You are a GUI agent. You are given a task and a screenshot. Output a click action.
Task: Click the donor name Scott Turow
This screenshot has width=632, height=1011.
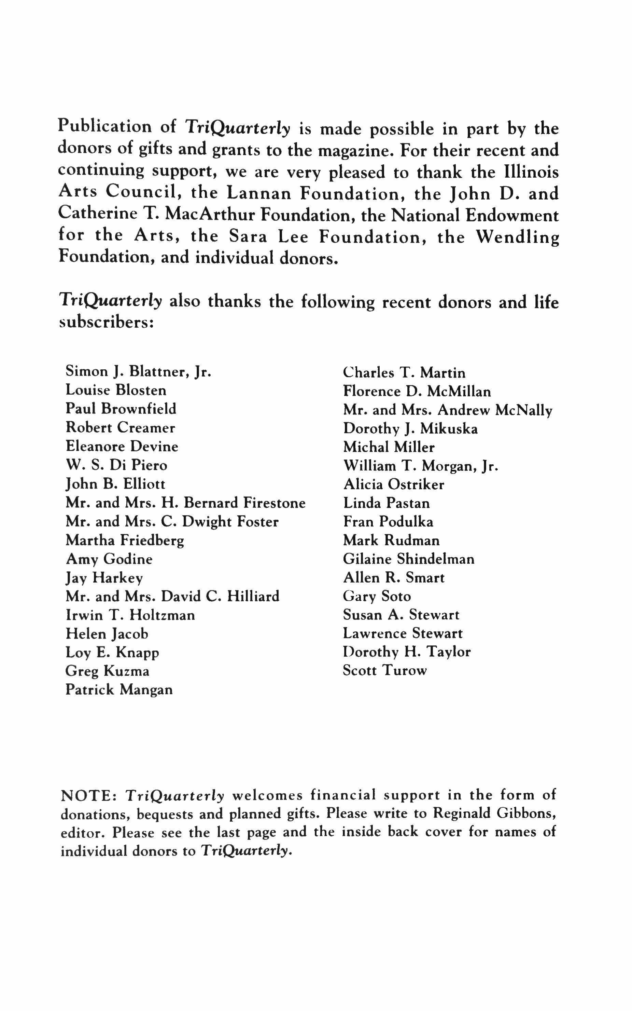click(x=384, y=670)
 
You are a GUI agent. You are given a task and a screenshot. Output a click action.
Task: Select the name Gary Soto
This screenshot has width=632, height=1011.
click(x=377, y=597)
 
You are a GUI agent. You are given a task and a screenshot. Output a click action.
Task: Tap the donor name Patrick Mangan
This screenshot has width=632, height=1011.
click(x=119, y=689)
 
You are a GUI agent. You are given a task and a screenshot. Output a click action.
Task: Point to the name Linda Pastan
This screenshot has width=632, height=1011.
click(x=386, y=503)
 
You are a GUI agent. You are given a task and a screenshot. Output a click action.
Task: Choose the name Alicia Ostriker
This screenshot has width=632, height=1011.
click(x=394, y=484)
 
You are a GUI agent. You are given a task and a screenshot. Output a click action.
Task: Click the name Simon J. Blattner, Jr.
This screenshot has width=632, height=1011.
click(x=138, y=371)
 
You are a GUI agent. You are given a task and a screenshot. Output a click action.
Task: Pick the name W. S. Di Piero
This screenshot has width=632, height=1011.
click(x=117, y=465)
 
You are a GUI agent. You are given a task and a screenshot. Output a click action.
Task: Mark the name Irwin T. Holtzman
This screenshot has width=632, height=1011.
click(x=130, y=615)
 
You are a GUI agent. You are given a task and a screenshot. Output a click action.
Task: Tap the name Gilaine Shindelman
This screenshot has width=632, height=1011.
click(x=409, y=559)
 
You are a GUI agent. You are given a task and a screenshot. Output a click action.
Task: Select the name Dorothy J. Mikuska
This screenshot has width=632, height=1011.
click(x=410, y=428)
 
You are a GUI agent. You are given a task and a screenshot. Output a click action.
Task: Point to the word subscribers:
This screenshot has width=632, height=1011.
click(x=107, y=323)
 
